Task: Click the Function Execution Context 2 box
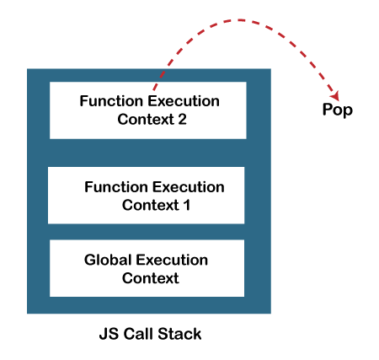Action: [x=147, y=110]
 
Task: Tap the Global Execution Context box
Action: [x=147, y=268]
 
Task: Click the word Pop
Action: [x=338, y=110]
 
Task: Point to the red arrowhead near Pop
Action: [x=341, y=94]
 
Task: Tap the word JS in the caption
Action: [x=107, y=333]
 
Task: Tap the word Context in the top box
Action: [x=142, y=119]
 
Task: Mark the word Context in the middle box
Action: [x=149, y=204]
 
